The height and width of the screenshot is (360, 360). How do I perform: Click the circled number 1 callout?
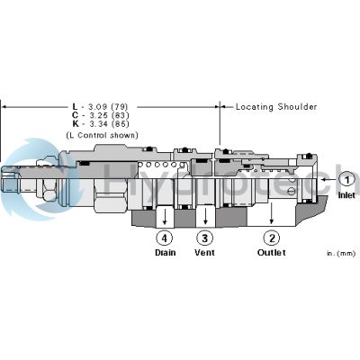click(346, 179)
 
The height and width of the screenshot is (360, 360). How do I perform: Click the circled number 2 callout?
click(271, 238)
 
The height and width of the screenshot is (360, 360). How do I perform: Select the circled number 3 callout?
click(205, 238)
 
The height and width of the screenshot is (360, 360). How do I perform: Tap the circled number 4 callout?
click(164, 238)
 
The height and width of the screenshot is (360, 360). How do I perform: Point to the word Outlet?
click(271, 253)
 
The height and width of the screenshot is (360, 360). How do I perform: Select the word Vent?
click(205, 253)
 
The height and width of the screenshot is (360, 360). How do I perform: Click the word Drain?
click(164, 253)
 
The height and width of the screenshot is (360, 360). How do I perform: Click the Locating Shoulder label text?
click(276, 106)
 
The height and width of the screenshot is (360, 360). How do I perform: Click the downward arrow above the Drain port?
click(164, 219)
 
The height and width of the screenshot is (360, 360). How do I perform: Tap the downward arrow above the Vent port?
click(205, 219)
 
